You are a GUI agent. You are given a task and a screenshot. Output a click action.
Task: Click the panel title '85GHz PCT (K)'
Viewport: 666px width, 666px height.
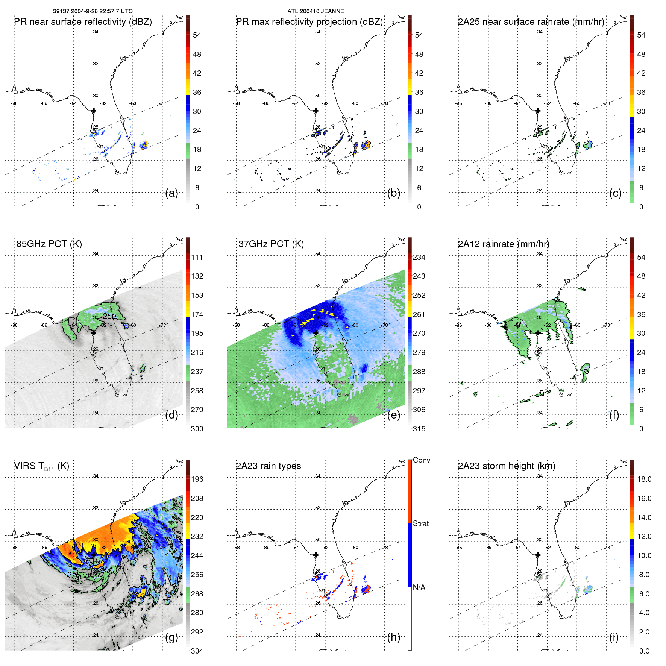49,244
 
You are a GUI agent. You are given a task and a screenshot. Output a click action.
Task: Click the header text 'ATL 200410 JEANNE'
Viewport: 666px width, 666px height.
316,11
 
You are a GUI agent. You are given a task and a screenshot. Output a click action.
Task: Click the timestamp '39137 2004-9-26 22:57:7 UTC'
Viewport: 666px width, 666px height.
93,11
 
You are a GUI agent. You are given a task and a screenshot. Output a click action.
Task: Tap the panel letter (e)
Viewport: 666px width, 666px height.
393,415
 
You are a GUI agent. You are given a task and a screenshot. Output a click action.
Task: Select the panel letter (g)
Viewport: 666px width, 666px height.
171,637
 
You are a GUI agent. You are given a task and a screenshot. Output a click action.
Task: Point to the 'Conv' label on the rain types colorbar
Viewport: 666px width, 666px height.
422,460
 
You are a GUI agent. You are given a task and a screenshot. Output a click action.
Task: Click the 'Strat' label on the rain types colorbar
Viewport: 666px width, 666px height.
421,523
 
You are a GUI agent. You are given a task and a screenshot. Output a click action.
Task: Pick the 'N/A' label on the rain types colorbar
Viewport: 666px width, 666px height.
419,587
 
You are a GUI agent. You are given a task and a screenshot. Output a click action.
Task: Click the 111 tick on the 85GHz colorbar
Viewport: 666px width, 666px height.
197,257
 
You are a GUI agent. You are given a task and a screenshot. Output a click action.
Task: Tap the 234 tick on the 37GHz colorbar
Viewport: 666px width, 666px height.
419,257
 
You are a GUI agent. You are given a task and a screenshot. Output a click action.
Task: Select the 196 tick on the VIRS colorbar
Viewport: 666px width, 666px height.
197,479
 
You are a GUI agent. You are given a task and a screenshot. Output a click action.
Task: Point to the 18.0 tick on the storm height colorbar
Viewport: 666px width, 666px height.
644,479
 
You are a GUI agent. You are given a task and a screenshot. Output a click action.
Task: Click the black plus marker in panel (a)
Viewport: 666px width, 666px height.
94,111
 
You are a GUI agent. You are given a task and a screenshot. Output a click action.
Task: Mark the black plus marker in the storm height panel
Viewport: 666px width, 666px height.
538,555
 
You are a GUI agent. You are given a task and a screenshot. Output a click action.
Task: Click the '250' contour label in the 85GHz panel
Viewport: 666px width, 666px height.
109,316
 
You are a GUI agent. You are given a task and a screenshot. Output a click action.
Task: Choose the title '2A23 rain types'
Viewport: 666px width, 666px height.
269,466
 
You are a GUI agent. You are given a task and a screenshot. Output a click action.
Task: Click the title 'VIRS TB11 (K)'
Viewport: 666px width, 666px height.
41,466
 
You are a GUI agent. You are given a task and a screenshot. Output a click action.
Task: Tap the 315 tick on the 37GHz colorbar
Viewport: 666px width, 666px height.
419,429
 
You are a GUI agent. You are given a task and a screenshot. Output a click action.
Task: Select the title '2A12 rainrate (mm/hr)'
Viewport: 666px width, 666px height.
504,244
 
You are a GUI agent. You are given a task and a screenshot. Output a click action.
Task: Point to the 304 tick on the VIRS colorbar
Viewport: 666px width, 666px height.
197,651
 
